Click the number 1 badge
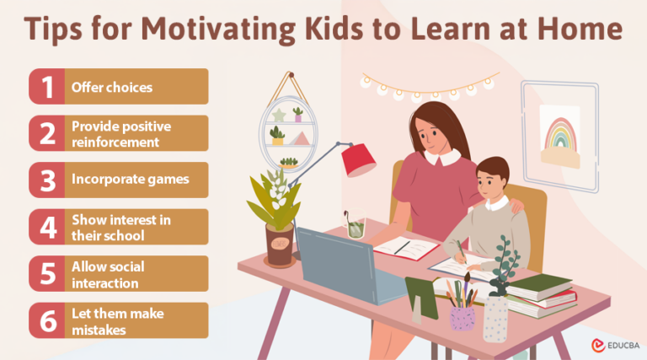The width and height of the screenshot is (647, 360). pos(48,87)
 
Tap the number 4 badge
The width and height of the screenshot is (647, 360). pos(48,227)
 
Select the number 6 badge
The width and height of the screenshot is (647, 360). pos(48,320)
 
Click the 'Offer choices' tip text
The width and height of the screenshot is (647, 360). pos(111,87)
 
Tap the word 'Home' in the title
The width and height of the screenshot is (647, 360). pos(582,28)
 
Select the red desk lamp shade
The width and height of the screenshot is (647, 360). pos(358,159)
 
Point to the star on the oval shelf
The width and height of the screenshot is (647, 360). pos(279,114)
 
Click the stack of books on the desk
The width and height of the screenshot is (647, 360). pos(541,296)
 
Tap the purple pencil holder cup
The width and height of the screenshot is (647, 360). pos(463,317)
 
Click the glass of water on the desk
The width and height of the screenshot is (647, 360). pos(355,225)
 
